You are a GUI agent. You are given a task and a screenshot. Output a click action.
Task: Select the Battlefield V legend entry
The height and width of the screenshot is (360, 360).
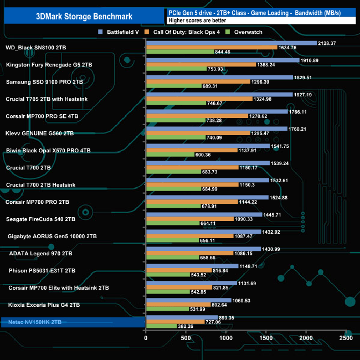tap(121, 32)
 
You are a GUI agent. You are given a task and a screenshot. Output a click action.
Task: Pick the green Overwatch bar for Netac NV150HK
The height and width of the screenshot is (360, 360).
tap(161, 327)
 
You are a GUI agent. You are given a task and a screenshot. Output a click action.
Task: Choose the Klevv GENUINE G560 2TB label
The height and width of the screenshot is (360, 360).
tap(40, 133)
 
